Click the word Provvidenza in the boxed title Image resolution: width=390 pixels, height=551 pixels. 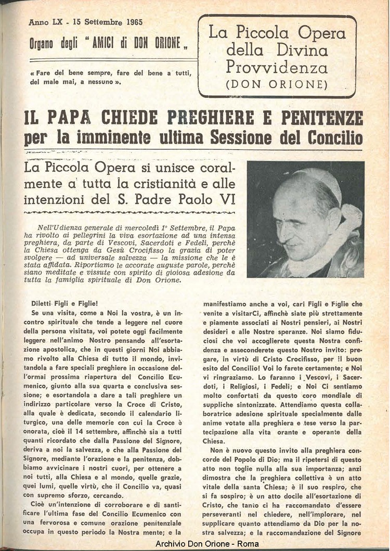277,67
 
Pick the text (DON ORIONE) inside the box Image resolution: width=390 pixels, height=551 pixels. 277,84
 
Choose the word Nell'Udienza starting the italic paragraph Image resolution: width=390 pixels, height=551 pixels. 62,227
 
